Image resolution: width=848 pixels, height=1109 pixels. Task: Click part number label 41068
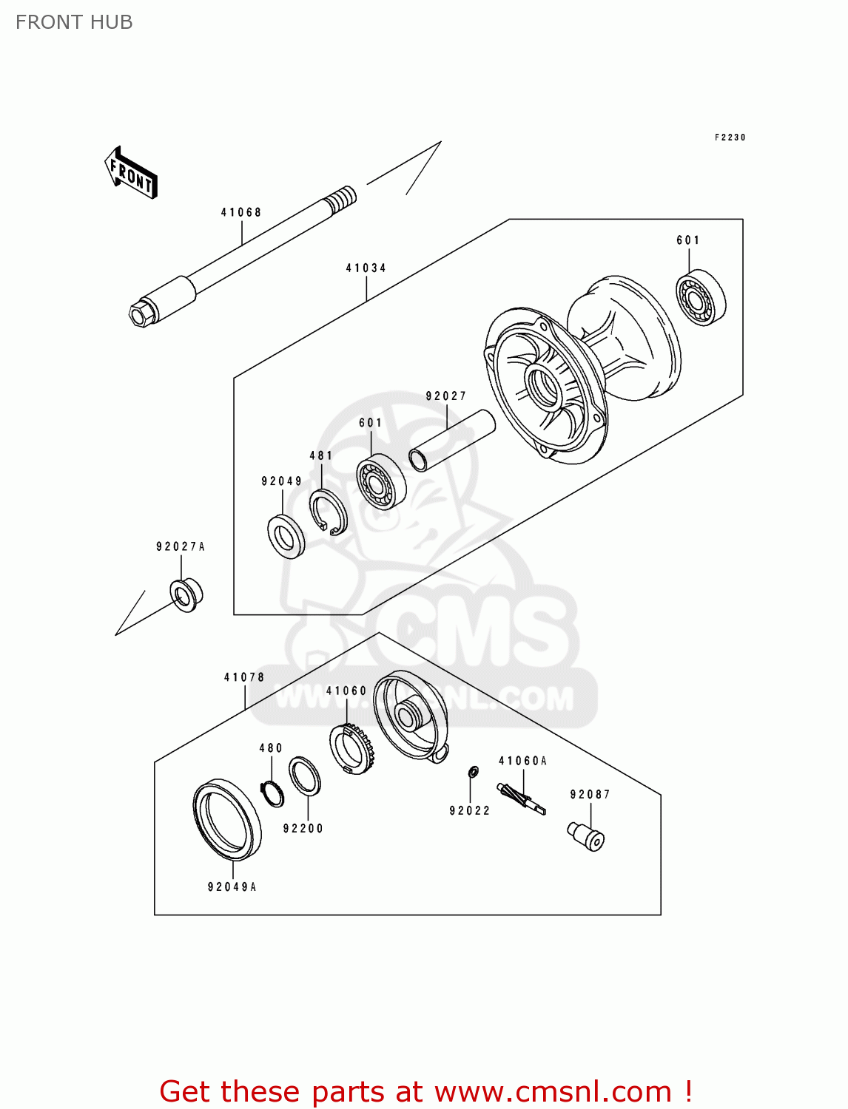point(241,212)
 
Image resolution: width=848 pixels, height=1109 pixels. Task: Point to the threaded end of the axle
point(340,199)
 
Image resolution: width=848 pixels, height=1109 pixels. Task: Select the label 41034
point(366,268)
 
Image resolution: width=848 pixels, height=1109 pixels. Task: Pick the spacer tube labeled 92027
point(451,441)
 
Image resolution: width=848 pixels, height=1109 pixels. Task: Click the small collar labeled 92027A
point(186,595)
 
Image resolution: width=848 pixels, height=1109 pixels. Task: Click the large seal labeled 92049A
point(227,820)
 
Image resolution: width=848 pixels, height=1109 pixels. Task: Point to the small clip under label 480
point(273,793)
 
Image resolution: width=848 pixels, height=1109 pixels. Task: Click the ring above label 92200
point(304,776)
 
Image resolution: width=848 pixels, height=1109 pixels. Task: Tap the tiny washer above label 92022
point(473,772)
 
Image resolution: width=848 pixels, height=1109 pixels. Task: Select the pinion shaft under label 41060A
point(522,799)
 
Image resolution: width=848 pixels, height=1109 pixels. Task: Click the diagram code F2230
point(730,138)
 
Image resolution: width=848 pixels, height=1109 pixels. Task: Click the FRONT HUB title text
point(74,22)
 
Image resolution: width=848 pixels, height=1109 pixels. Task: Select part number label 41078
point(244,677)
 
